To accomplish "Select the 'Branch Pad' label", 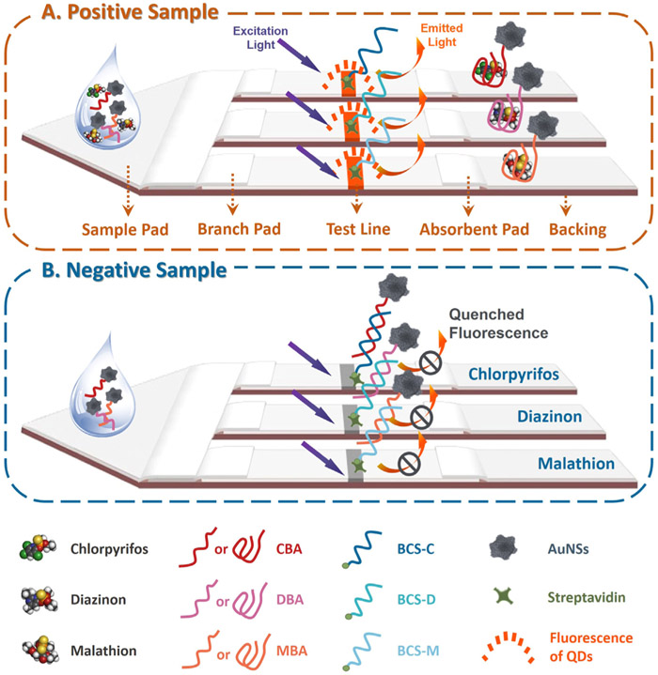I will click(234, 228).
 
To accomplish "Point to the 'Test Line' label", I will click(352, 228).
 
